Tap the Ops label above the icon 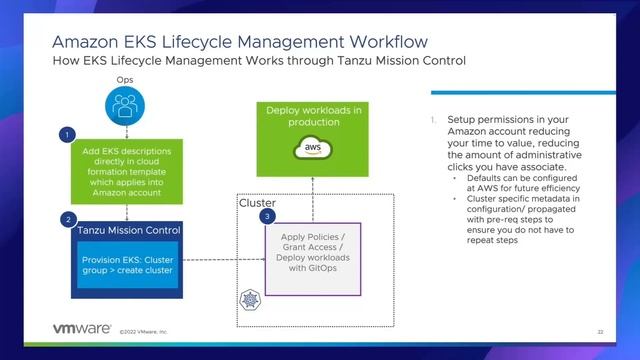126,78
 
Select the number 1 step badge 67,133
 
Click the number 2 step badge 67,218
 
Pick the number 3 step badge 266,215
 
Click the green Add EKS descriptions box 126,171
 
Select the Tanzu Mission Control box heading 128,231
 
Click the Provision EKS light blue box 126,264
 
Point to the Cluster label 257,203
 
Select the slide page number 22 600,331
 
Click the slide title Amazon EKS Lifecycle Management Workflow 240,42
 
